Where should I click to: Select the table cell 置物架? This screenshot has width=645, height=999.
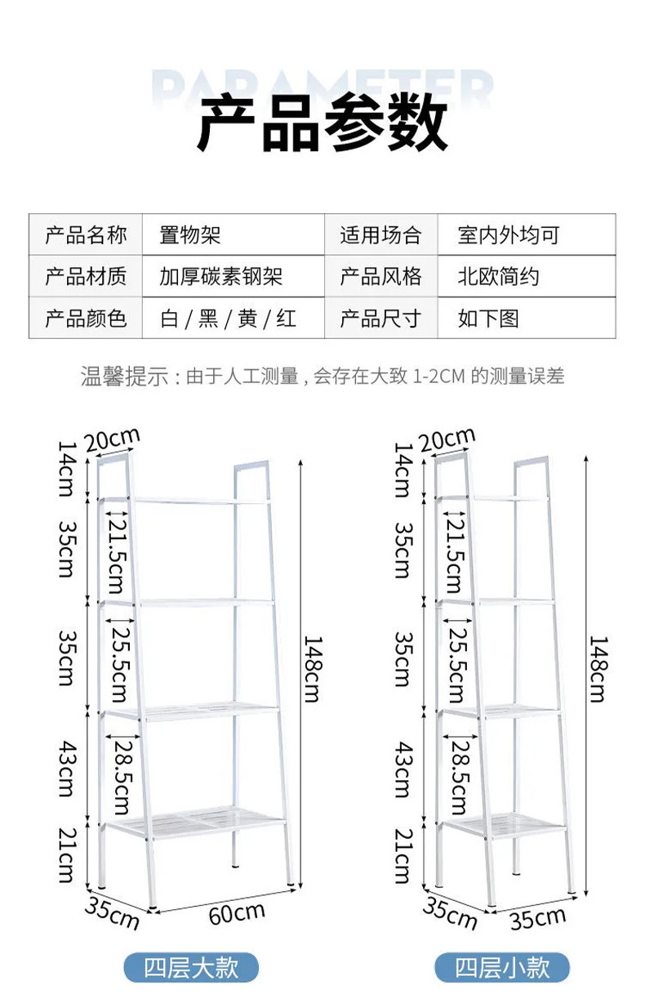[x=190, y=236]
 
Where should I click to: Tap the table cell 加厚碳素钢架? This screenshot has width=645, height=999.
[x=220, y=277]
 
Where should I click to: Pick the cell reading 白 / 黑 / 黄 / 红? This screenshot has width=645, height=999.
[x=228, y=318]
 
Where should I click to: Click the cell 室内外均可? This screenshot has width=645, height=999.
[x=509, y=236]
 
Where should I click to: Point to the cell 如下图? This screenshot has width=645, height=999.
[x=488, y=318]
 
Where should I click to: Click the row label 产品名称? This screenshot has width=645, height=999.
[x=86, y=236]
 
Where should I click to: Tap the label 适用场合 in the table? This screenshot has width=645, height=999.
[x=380, y=236]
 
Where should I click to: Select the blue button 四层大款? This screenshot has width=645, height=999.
[x=191, y=968]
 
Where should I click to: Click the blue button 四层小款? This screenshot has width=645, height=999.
[x=502, y=968]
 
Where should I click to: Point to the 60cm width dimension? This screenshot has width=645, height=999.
[x=237, y=912]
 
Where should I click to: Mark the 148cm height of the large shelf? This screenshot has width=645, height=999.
[x=311, y=668]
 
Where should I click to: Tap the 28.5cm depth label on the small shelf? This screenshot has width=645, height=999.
[x=459, y=774]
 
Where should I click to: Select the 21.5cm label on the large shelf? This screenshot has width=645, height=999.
[x=116, y=554]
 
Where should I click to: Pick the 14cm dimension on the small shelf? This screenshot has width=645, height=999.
[x=402, y=469]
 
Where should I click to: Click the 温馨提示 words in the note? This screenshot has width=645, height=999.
[x=125, y=376]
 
